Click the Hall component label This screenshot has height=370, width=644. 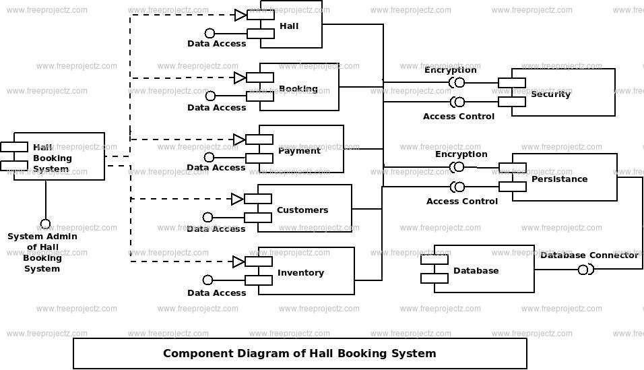tap(289, 26)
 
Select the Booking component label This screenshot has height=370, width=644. tap(298, 89)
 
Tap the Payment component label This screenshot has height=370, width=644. tap(299, 150)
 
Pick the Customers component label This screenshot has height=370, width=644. tap(302, 210)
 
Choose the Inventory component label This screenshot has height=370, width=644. tap(300, 272)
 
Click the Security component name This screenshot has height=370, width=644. tap(550, 94)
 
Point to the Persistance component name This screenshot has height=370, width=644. tap(559, 179)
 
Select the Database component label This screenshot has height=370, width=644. tap(476, 270)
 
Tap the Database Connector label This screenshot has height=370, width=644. tap(589, 255)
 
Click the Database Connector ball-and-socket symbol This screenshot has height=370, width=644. tap(585, 270)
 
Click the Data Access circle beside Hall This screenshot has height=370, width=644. tap(210, 33)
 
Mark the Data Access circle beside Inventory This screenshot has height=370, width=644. tap(208, 280)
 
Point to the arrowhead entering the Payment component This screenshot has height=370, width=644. tap(239, 140)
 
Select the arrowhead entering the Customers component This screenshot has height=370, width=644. tap(237, 199)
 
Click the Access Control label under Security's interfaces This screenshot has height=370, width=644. tap(458, 116)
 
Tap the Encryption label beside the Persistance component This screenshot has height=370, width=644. tap(461, 154)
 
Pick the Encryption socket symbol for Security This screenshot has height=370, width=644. tap(457, 82)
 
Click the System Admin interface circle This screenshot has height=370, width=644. tap(45, 224)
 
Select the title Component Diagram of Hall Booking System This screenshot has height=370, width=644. tap(299, 353)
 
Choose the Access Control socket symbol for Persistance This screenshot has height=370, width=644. tap(457, 187)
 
